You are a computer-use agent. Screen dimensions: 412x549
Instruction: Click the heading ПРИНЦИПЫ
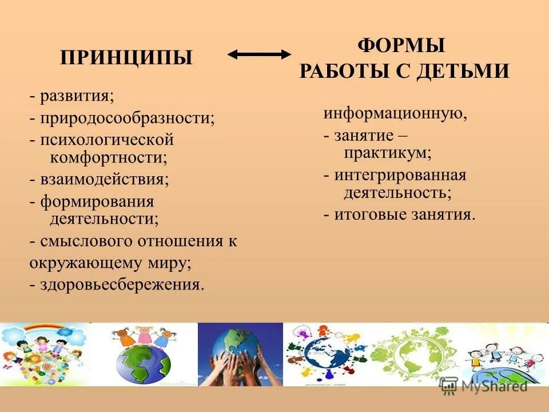coord(126,58)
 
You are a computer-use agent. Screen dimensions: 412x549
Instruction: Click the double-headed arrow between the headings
coord(259,54)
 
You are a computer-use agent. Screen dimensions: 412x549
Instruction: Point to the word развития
coord(76,96)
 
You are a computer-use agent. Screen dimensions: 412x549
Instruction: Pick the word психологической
coord(106,140)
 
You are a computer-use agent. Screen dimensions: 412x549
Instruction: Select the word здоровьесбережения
coord(121,284)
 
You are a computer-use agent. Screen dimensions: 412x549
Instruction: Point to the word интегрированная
coord(400,175)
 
